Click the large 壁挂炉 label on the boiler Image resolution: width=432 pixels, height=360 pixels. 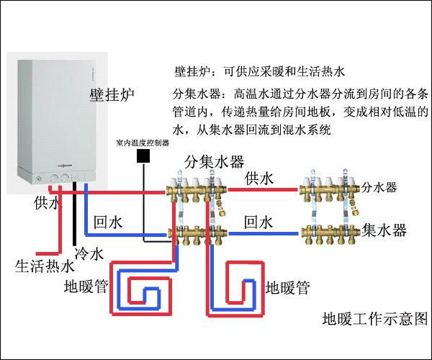coord(112,95)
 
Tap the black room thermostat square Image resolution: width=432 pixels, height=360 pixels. coord(143,155)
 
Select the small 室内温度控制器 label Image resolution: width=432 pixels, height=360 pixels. coord(142,143)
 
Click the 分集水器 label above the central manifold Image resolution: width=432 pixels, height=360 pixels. coord(213,160)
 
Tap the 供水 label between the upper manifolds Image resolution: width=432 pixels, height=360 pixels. coord(260,177)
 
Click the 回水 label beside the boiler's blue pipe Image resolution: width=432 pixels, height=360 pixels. coord(109,223)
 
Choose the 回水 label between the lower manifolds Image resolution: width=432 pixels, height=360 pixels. coord(260,220)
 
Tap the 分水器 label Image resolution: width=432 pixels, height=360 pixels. coord(379,188)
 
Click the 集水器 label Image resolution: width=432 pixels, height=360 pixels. coord(384,230)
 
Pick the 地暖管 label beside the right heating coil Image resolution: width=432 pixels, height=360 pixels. coord(287,289)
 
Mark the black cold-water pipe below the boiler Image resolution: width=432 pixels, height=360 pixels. coord(75,223)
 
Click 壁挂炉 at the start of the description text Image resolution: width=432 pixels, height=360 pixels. coord(191,73)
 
